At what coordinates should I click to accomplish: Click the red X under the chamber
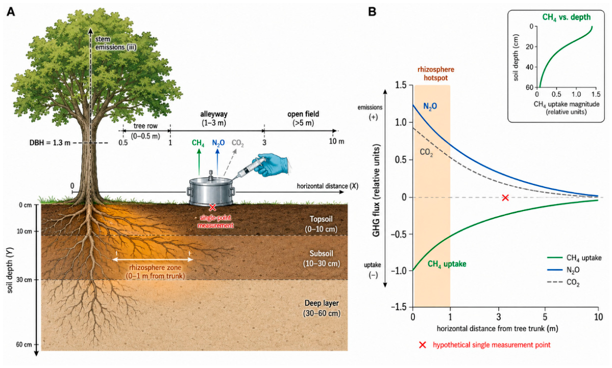pyautogui.click(x=212, y=207)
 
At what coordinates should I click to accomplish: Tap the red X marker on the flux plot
pyautogui.click(x=505, y=198)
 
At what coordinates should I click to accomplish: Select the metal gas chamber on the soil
pyautogui.click(x=210, y=191)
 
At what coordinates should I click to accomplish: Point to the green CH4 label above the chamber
pyautogui.click(x=198, y=143)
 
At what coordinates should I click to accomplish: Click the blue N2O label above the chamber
pyautogui.click(x=218, y=143)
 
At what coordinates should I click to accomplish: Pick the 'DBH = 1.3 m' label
pyautogui.click(x=50, y=143)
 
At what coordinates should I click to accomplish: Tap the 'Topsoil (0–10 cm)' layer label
pyautogui.click(x=321, y=224)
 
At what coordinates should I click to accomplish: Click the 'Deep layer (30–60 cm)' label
pyautogui.click(x=322, y=308)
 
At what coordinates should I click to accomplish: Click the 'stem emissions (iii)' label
pyautogui.click(x=115, y=43)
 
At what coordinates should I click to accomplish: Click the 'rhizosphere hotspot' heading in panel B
pyautogui.click(x=435, y=73)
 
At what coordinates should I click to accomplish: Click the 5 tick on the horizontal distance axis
pyautogui.click(x=545, y=317)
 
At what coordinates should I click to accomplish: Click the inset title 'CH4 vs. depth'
pyautogui.click(x=567, y=17)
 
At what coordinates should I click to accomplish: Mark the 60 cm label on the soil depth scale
pyautogui.click(x=24, y=345)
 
